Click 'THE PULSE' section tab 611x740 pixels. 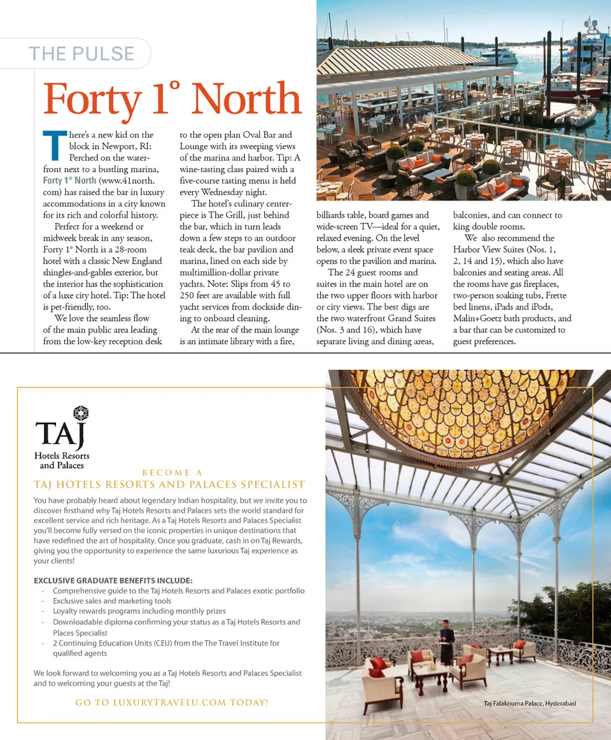pos(81,53)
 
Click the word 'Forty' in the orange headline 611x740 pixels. pos(92,100)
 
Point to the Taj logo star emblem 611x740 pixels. pos(80,413)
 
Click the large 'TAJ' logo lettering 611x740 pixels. pos(60,435)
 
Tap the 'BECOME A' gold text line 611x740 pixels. pos(172,473)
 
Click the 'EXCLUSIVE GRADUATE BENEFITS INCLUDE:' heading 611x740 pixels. pos(113,581)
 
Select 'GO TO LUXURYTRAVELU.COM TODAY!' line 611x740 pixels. pos(171,702)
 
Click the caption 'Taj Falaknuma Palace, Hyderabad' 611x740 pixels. pos(530,703)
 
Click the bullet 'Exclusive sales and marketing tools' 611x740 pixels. pos(112,601)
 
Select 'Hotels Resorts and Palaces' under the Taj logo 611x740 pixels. pos(62,460)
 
